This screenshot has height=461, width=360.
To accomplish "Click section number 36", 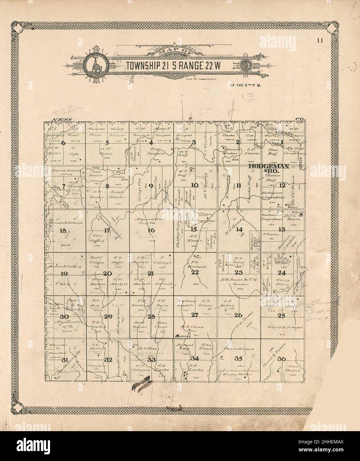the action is pyautogui.click(x=282, y=358).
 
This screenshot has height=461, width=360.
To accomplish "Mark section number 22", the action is pyautogui.click(x=195, y=272).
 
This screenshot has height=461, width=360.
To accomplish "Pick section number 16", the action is pyautogui.click(x=151, y=230).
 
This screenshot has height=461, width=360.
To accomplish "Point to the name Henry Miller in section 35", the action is pyautogui.click(x=238, y=374).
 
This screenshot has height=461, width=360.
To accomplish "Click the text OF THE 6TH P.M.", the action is pyautogui.click(x=244, y=85).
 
